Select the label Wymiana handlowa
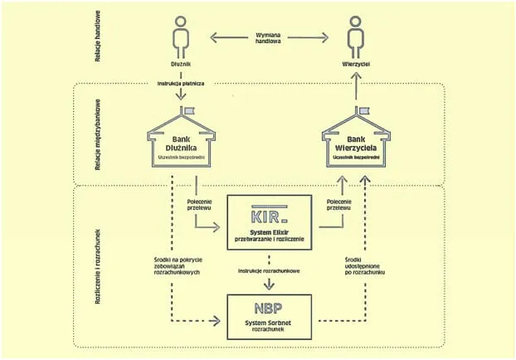[x=266, y=39]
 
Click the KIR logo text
[x=270, y=218]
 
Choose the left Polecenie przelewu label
[x=198, y=206]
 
